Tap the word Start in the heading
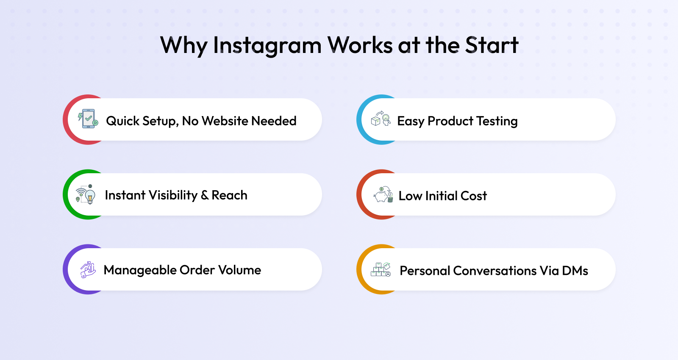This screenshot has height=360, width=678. click(x=492, y=45)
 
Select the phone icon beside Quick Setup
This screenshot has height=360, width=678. click(x=88, y=119)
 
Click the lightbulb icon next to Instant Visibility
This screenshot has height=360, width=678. click(x=86, y=194)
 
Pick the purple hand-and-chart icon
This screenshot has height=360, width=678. click(x=88, y=269)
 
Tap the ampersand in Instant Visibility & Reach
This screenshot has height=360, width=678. click(x=205, y=195)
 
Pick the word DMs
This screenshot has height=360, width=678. click(x=575, y=271)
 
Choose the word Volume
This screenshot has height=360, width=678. click(x=239, y=270)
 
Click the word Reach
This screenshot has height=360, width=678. click(x=229, y=195)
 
